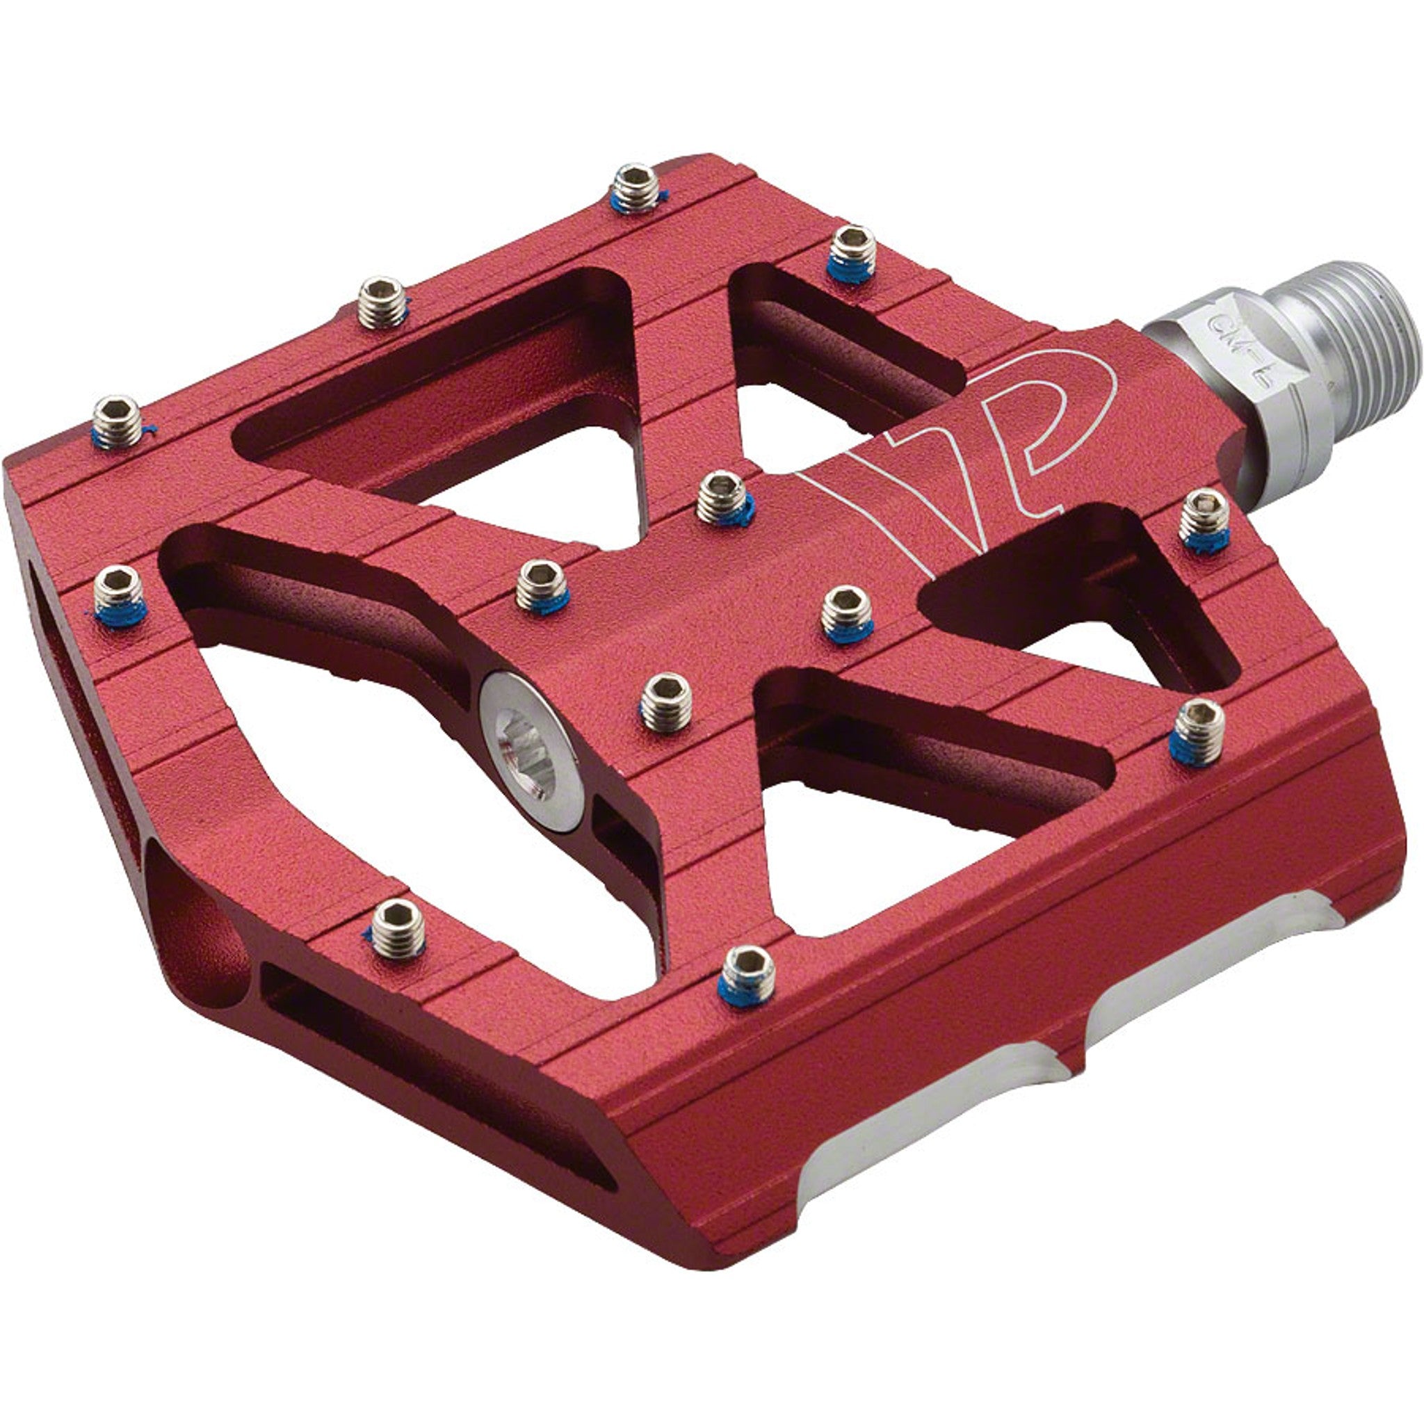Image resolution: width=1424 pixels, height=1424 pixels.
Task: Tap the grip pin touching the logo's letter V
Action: pos(725,499)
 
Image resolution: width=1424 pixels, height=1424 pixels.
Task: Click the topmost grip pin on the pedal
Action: pos(636,188)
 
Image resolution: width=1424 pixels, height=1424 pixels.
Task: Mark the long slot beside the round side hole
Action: pos(435,1046)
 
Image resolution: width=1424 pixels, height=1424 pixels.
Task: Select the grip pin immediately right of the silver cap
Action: pos(665,701)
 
